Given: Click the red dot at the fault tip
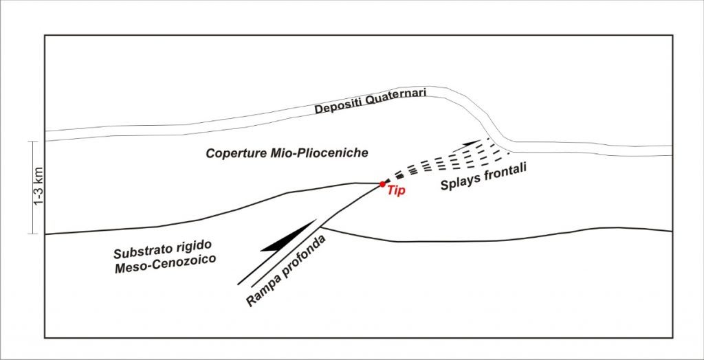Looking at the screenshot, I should [382, 183].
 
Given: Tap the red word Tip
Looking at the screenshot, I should [396, 192].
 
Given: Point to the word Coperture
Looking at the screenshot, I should [234, 153].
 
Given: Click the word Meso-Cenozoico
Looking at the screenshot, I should [166, 260].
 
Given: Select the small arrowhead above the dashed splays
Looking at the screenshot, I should [473, 142].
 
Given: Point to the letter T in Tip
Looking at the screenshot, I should [390, 192].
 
